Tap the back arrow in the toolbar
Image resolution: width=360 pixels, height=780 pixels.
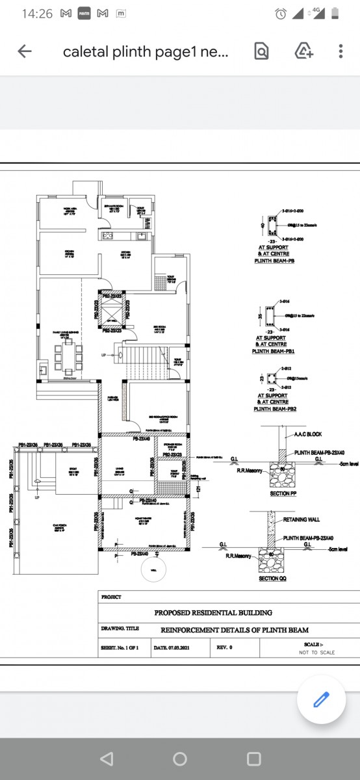click(25, 52)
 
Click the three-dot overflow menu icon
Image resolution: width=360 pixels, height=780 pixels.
click(341, 52)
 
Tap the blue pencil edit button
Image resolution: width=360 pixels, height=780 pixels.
click(322, 699)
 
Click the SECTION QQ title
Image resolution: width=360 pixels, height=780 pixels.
click(272, 578)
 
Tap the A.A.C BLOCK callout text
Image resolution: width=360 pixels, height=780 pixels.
click(308, 435)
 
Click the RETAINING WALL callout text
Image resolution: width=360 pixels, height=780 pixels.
click(302, 520)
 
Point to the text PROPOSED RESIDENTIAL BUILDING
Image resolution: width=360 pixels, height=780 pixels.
click(213, 612)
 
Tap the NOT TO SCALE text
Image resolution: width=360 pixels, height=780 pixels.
click(316, 652)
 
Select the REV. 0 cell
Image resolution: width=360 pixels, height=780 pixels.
click(225, 647)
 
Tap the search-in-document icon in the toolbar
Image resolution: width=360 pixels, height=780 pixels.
click(261, 52)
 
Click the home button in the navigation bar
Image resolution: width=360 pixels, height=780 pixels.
click(180, 759)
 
